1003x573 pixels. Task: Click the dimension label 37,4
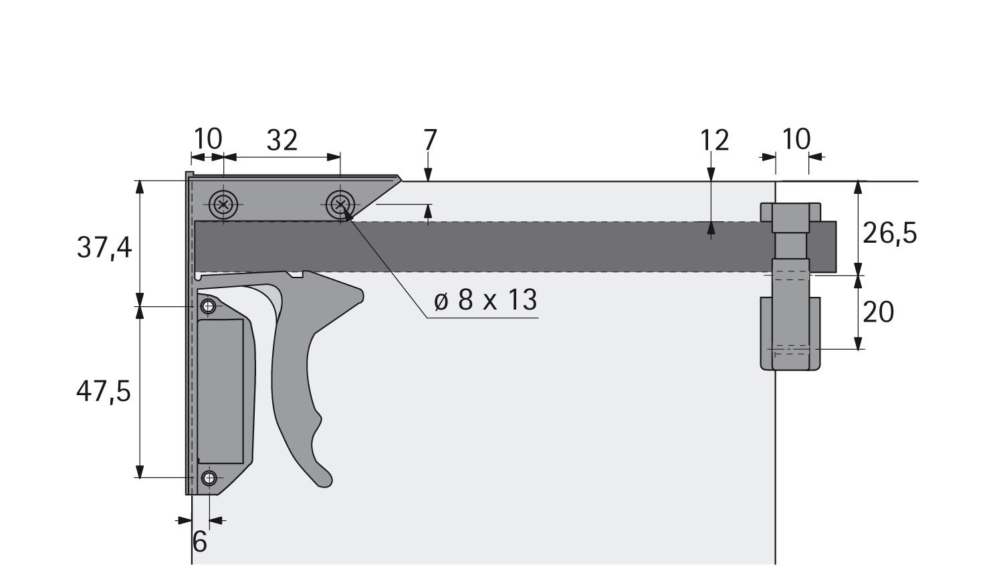[104, 248]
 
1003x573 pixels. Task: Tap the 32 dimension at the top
[282, 140]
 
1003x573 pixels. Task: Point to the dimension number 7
[430, 140]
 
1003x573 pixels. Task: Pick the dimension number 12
[714, 140]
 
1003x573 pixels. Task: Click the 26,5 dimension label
[889, 233]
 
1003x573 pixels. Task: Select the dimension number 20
[878, 312]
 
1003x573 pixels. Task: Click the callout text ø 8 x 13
[485, 301]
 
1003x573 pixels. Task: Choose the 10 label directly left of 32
[207, 139]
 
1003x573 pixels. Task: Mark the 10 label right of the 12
[796, 139]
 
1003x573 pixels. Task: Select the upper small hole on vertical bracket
[209, 306]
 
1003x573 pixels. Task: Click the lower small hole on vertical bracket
[209, 477]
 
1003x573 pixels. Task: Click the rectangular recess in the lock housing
[221, 391]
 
